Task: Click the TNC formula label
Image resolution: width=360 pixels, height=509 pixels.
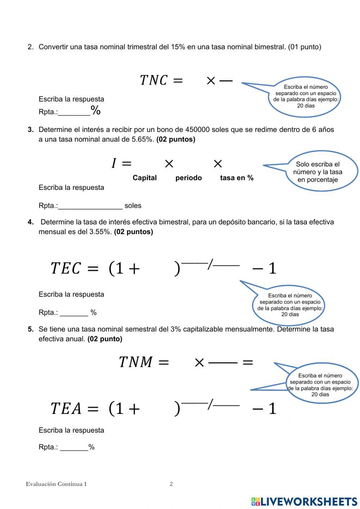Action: (153, 80)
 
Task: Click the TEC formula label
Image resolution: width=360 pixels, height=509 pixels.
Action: (66, 268)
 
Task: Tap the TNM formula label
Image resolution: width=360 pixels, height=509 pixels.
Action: (136, 362)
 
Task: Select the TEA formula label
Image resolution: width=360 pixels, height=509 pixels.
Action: (66, 408)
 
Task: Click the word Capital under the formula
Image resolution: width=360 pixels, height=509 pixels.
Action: (144, 178)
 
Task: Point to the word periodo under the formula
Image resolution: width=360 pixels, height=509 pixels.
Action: (188, 178)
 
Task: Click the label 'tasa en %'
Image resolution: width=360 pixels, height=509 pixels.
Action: (237, 178)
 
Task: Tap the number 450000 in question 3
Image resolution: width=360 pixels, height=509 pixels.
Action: (197, 130)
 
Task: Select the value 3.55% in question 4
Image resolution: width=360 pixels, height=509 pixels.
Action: (100, 232)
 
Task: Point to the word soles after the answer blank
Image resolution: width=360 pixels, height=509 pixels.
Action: (133, 206)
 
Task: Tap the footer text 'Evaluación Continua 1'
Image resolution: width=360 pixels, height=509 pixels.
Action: (56, 484)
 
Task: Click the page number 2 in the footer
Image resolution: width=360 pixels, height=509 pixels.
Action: (171, 484)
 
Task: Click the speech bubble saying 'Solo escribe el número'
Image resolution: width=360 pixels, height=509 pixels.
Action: (317, 172)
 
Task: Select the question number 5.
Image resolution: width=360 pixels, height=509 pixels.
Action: (31, 329)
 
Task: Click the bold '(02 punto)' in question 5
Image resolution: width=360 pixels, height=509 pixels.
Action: (105, 339)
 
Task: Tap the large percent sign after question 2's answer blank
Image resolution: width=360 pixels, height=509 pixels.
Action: (96, 110)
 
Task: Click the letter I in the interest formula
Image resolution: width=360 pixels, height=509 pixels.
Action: (114, 164)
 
